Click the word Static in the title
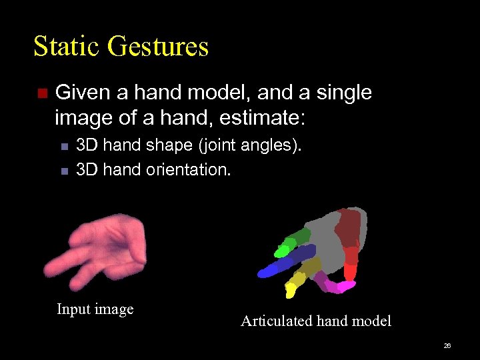(65, 47)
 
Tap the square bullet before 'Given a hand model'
(42, 94)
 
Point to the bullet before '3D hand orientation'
(64, 171)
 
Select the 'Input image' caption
(95, 309)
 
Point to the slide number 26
(447, 346)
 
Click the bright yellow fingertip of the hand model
(291, 290)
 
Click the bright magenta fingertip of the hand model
(345, 287)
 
